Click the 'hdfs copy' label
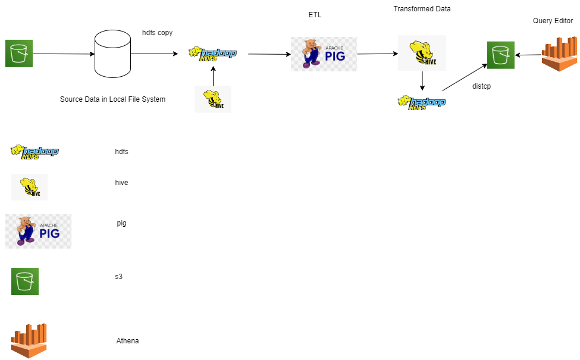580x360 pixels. [x=157, y=33]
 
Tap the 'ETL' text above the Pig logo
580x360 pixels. [x=315, y=15]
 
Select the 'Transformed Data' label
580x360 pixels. [x=422, y=9]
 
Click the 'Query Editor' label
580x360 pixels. [x=553, y=21]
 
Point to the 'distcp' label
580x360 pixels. [x=481, y=86]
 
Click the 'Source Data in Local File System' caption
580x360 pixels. [x=112, y=99]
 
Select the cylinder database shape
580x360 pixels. [x=112, y=54]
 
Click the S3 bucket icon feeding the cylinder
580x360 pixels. [x=19, y=54]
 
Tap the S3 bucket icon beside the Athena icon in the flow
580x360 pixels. [x=500, y=55]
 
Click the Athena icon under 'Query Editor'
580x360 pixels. [x=559, y=54]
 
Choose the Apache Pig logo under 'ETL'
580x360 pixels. [x=324, y=54]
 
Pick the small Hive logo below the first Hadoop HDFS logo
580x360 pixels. [x=213, y=99]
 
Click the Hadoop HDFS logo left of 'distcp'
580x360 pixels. [x=421, y=102]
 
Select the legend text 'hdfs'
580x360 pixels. [x=121, y=152]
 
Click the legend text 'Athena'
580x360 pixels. [x=127, y=341]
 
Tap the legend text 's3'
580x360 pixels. [x=119, y=277]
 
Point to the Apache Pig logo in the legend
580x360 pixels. [x=38, y=231]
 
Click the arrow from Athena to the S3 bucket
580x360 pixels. [x=528, y=55]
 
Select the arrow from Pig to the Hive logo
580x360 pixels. [x=377, y=54]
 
